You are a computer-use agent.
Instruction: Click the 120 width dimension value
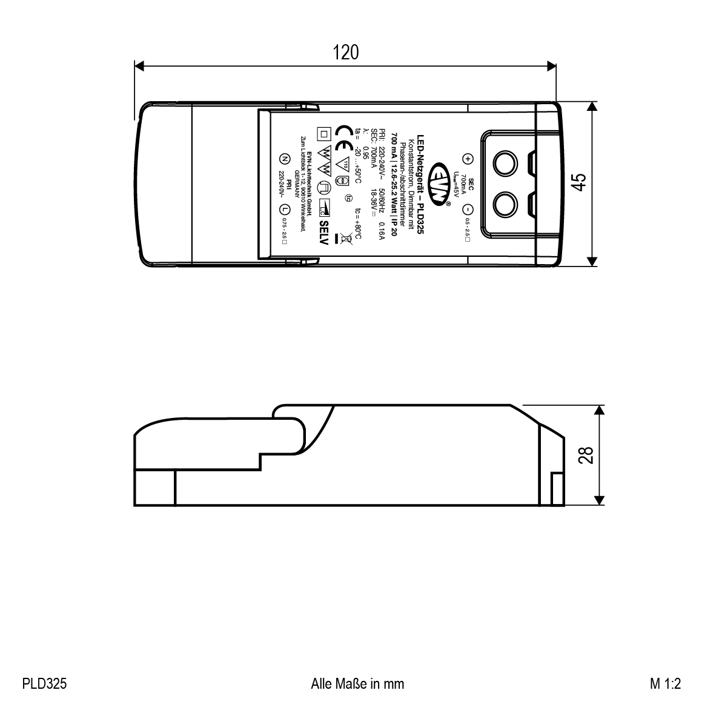tap(345, 53)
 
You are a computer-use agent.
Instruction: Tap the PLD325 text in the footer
tap(44, 684)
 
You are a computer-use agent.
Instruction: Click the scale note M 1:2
tap(666, 684)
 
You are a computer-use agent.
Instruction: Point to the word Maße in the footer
tap(357, 684)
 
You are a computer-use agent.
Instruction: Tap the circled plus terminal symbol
tap(467, 159)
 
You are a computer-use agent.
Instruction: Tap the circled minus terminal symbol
tap(467, 210)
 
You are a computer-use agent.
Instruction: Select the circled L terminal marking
tap(284, 210)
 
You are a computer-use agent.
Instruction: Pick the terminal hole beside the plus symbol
tap(504, 164)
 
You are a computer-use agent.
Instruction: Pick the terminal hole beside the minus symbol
tap(504, 204)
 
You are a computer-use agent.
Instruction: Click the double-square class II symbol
tap(323, 133)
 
